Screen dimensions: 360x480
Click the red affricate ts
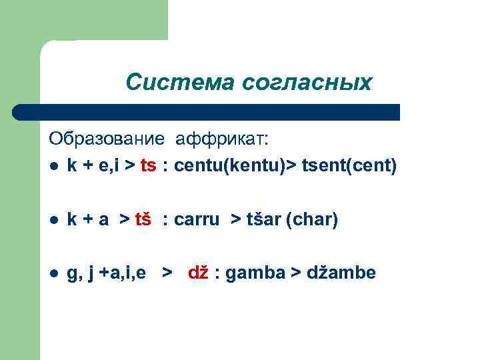148,166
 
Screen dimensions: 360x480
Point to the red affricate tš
143,219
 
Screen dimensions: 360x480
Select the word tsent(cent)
349,166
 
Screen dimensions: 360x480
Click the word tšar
259,219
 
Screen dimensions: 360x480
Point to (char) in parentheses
312,219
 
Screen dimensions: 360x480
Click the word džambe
341,273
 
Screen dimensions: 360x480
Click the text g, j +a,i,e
107,273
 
